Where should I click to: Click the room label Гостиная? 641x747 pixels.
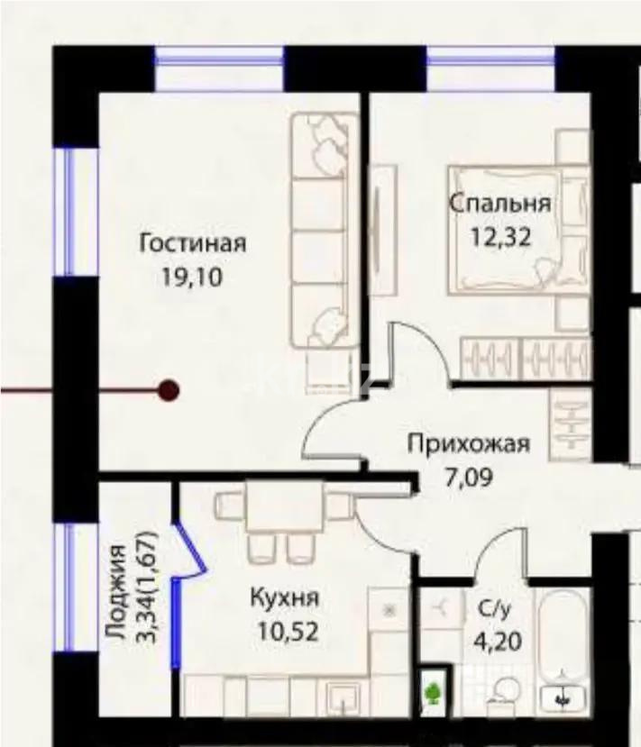[x=193, y=243]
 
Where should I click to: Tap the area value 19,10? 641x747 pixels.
[x=192, y=277]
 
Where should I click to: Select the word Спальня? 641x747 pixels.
[x=500, y=204]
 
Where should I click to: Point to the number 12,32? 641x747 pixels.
[x=500, y=236]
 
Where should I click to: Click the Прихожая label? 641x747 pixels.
[x=469, y=444]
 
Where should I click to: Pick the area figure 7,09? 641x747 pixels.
[x=469, y=478]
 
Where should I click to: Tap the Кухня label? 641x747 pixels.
[x=285, y=597]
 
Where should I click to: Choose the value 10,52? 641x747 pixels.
[x=288, y=632]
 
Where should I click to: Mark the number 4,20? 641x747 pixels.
[x=498, y=642]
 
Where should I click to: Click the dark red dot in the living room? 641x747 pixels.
[x=169, y=390]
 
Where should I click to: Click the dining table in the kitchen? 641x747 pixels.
[x=285, y=506]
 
